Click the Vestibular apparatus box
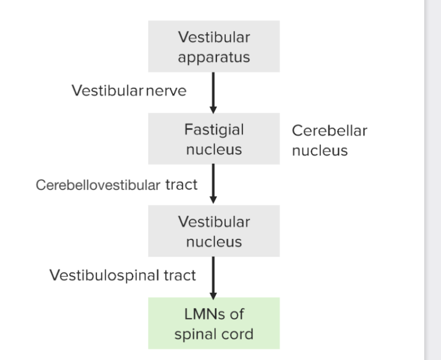click(214, 47)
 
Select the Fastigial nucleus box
click(214, 139)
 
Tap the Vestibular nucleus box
click(214, 231)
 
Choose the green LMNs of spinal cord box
click(214, 323)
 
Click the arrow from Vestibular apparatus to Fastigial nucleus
click(214, 92)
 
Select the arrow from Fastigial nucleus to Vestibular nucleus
click(214, 184)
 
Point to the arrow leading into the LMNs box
click(214, 276)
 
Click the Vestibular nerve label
click(129, 91)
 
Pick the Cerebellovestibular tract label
click(116, 184)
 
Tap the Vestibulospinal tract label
click(122, 275)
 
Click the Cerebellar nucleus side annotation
click(328, 140)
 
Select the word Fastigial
click(214, 130)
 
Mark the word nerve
click(166, 91)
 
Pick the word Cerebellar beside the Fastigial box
click(329, 130)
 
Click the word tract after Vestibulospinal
click(179, 275)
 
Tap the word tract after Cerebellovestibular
click(181, 184)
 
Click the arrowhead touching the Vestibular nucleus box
click(214, 199)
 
